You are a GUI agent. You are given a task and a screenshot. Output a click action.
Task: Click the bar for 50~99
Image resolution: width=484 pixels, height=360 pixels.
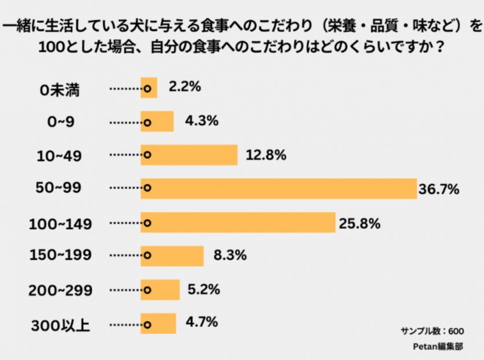279,188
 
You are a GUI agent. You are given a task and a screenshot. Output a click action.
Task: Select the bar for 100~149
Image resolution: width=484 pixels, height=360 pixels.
238,222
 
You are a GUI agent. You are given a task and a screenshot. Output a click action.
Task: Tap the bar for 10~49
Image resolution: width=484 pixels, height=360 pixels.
189,155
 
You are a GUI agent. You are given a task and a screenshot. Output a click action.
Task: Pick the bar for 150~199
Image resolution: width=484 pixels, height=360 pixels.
172,256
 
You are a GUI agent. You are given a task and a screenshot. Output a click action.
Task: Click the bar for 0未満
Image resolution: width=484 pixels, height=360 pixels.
149,88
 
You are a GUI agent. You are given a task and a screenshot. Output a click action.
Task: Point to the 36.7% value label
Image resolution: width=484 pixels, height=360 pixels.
439,189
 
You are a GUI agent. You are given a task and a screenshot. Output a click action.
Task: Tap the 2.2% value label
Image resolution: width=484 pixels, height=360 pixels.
184,87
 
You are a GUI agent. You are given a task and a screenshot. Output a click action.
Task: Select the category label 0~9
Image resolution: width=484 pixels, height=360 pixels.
61,122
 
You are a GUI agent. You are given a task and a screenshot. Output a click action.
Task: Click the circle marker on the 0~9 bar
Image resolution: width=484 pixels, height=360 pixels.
147,122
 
